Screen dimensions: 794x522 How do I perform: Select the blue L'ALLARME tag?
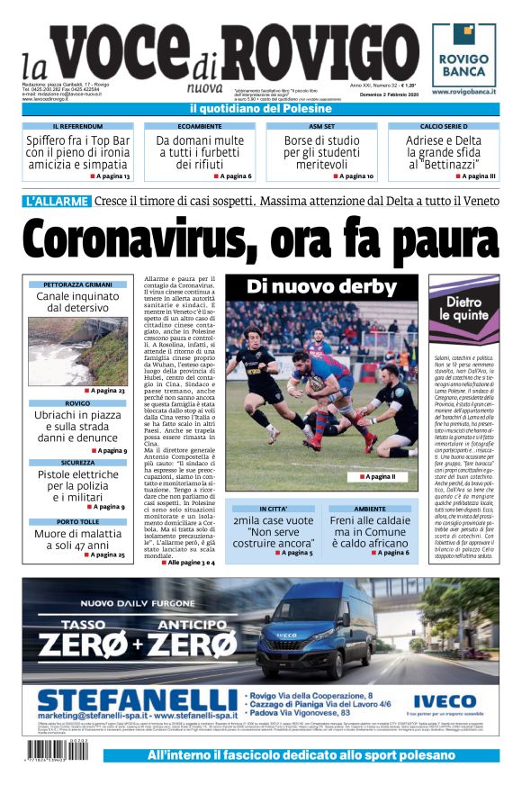point(57,201)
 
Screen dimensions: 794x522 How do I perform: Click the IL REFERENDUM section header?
point(77,127)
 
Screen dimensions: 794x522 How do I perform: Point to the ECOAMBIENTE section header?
point(199,127)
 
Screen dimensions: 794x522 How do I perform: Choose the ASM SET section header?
point(321,127)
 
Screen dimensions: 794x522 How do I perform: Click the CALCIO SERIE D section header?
point(444,127)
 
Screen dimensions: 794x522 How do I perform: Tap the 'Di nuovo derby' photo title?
point(321,288)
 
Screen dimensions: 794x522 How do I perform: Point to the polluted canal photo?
point(77,350)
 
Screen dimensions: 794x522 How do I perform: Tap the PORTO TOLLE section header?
point(77,521)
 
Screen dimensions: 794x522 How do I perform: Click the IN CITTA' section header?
point(273,509)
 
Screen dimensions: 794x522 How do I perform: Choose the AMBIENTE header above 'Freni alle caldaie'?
point(369,509)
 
